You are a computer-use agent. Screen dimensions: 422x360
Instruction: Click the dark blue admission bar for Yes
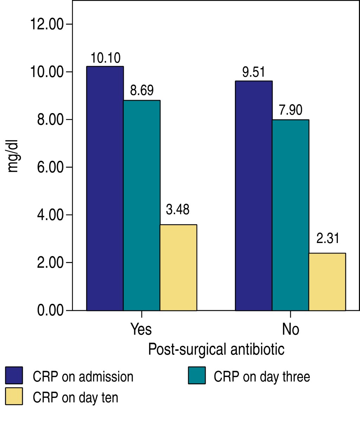[x=105, y=188]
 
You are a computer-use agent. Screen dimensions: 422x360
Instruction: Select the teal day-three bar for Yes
[x=142, y=205]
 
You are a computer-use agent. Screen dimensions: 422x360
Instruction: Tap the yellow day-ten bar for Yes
[x=178, y=267]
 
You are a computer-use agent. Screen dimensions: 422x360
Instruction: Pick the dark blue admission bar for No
[x=253, y=196]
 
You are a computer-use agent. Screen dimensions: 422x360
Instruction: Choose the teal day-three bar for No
[x=290, y=215]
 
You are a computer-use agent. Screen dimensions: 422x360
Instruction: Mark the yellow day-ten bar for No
[x=327, y=282]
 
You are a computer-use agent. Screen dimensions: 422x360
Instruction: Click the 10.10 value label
[x=105, y=58]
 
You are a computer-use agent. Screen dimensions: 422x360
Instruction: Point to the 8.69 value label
[x=142, y=90]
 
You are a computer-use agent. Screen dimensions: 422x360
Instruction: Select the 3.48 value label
[x=178, y=210]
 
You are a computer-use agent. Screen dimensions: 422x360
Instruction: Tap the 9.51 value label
[x=253, y=72]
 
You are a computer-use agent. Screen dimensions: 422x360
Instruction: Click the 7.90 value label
[x=290, y=110]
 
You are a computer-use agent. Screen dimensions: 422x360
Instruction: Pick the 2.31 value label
[x=328, y=238]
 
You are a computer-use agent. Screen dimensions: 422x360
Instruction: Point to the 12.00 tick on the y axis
[x=46, y=25]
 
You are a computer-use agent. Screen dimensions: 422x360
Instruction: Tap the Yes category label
[x=141, y=329]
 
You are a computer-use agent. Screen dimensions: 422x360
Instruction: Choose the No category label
[x=290, y=329]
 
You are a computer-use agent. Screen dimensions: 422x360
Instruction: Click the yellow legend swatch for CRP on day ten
[x=14, y=396]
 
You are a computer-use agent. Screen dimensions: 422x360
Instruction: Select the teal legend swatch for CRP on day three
[x=197, y=376]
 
